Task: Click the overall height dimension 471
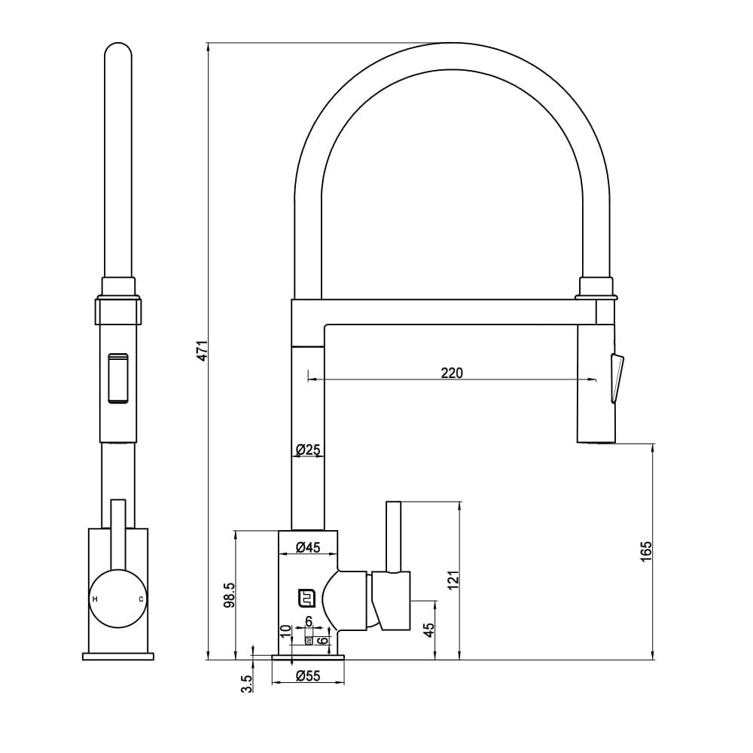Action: (x=201, y=351)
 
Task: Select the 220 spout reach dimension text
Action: (x=452, y=373)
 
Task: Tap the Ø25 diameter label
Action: (x=308, y=450)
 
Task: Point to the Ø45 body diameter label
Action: (x=308, y=547)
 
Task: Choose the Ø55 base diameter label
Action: (x=308, y=676)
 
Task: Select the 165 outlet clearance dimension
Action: (x=645, y=551)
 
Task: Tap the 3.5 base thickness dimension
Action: (x=246, y=684)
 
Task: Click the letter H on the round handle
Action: (x=94, y=599)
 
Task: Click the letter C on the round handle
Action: (x=140, y=599)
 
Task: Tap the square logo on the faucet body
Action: (x=306, y=597)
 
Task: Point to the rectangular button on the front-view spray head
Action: (x=118, y=378)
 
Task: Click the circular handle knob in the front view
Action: (x=117, y=599)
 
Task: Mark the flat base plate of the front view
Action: (x=118, y=657)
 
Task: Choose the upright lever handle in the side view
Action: (x=392, y=536)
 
